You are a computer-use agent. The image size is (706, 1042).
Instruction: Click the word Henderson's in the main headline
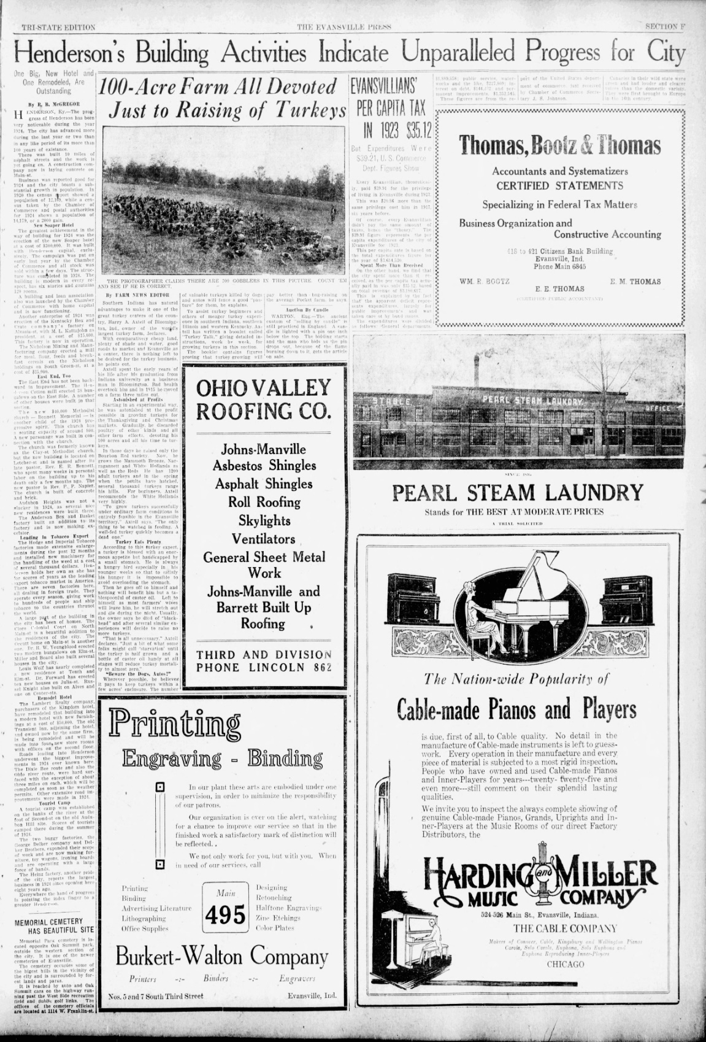(x=69, y=53)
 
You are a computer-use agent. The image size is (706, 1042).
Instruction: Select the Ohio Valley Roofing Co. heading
(x=263, y=399)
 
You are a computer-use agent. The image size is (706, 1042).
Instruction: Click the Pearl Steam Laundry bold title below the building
(x=518, y=493)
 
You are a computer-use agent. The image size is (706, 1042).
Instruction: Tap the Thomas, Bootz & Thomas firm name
(x=560, y=145)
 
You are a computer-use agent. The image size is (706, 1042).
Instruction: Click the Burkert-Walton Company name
(x=222, y=956)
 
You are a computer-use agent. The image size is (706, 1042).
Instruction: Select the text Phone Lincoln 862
(x=264, y=667)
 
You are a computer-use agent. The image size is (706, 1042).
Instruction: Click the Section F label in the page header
(x=665, y=27)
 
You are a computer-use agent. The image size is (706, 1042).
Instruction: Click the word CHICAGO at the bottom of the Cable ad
(x=566, y=965)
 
